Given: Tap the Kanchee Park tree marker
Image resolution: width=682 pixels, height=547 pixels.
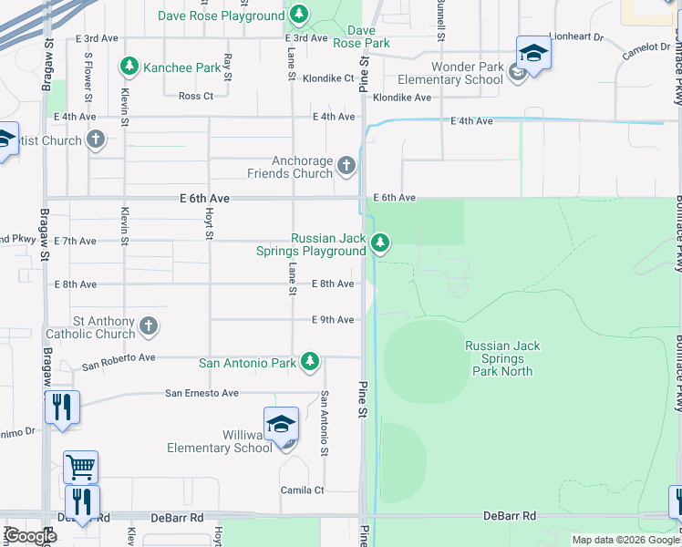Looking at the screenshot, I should click(129, 67).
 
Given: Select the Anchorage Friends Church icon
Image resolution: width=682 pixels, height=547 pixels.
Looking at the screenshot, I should click(346, 165).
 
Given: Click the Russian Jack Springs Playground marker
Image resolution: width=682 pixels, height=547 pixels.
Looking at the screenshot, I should click(380, 243).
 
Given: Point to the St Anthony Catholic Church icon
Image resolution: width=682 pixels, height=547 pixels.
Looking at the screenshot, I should click(149, 325).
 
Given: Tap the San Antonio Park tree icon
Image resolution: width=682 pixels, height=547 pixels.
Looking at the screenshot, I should click(310, 362).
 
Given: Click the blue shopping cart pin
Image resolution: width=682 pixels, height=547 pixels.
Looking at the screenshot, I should click(81, 468).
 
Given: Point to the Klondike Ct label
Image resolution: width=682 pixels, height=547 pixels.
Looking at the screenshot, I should click(328, 78).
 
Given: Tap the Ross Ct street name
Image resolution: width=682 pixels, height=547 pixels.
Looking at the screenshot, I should click(196, 96).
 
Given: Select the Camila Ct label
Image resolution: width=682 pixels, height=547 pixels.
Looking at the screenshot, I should click(302, 490).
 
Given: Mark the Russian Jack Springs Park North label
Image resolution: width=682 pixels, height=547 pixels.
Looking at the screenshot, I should click(507, 358).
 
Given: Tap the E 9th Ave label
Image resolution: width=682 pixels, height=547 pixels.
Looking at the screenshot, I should click(332, 320).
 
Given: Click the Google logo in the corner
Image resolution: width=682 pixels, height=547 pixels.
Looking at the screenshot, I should click(29, 536).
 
